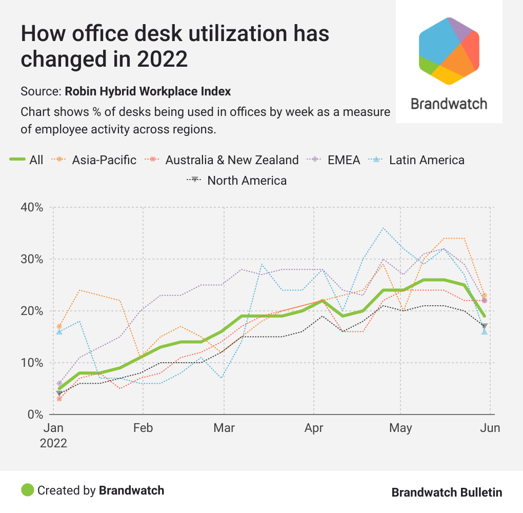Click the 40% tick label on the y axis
(32, 207)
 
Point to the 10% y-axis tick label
(32, 363)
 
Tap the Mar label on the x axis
(224, 428)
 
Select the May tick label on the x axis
(400, 428)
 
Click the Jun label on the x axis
(490, 428)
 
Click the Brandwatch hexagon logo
(449, 50)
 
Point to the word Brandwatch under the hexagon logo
(449, 104)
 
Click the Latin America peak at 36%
(383, 228)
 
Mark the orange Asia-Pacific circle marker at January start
(59, 326)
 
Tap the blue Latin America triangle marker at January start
(59, 332)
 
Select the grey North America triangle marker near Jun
(484, 326)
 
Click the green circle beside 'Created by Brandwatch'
(27, 490)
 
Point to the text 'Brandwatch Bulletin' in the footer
(447, 492)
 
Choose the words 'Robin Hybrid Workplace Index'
(148, 91)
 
